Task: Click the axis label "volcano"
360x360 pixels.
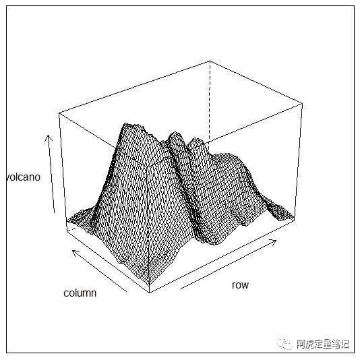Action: point(23,177)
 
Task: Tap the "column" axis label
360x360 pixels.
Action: point(80,293)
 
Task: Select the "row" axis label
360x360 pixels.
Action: point(240,285)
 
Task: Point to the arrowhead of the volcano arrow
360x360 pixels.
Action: point(48,136)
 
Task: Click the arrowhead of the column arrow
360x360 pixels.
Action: point(73,251)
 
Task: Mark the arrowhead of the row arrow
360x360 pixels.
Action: point(276,240)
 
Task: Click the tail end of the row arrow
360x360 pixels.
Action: point(181,289)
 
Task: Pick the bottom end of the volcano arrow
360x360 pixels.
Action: point(54,213)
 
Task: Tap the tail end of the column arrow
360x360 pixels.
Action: point(127,292)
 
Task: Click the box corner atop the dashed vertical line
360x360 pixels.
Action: point(210,61)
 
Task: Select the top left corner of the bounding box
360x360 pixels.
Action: point(59,113)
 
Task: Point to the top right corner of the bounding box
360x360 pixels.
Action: point(303,104)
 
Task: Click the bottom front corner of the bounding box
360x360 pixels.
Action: point(150,293)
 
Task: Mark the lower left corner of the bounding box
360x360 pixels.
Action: point(67,231)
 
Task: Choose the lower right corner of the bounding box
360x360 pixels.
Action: point(295,221)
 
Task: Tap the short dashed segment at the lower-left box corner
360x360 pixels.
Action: point(73,229)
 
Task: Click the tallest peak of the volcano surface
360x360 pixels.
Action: point(126,124)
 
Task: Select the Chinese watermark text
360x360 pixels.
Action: point(322,344)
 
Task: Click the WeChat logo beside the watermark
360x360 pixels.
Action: point(284,344)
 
